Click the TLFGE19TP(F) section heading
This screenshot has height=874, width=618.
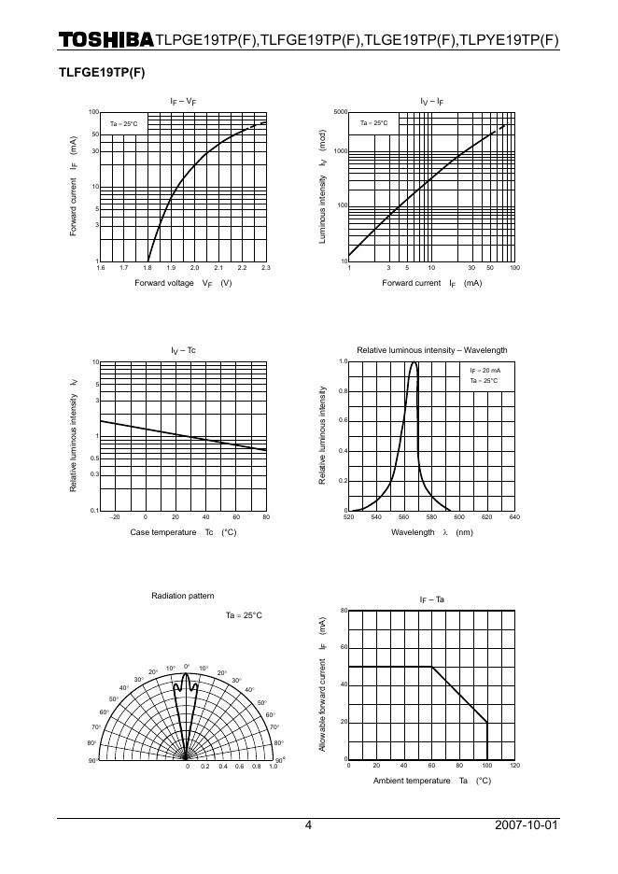point(102,72)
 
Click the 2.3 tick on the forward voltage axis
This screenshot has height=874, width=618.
point(266,268)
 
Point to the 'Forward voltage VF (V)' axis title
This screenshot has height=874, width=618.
point(183,283)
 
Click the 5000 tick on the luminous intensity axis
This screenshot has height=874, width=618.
point(340,112)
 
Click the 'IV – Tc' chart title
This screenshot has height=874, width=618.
point(183,350)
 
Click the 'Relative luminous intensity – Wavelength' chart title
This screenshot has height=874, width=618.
point(431,350)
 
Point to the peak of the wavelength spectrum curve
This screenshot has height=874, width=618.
point(414,362)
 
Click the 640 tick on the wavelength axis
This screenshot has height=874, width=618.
point(513,517)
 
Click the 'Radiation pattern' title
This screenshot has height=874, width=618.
point(182,596)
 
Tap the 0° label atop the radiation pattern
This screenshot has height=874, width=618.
point(187,666)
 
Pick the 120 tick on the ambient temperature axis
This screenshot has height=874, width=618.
point(513,767)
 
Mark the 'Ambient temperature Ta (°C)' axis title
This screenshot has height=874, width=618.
point(431,781)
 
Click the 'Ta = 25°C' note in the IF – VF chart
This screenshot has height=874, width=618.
point(124,124)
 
